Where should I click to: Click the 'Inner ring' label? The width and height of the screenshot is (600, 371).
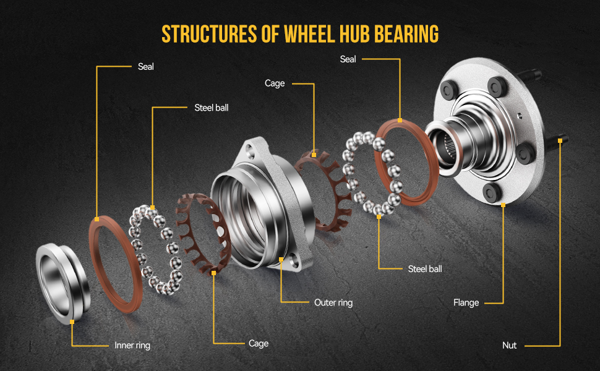[132, 345]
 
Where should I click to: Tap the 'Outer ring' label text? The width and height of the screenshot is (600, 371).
[333, 302]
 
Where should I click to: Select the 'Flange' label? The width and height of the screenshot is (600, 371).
[466, 302]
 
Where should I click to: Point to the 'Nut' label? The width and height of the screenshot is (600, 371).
[509, 345]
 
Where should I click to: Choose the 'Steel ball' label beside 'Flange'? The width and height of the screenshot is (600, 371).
[425, 269]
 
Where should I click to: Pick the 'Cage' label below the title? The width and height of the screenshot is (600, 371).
[275, 83]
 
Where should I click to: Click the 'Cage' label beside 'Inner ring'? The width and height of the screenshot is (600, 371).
[259, 343]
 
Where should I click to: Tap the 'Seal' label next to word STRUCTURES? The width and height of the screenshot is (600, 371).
[146, 66]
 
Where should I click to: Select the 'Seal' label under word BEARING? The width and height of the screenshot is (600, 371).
[348, 59]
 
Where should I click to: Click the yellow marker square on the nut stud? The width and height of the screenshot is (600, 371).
[560, 140]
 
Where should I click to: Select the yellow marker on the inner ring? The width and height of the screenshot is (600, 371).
[72, 321]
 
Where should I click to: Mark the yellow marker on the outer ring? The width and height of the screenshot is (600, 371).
[281, 260]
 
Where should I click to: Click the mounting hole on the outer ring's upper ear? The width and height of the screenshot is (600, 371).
[251, 148]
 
